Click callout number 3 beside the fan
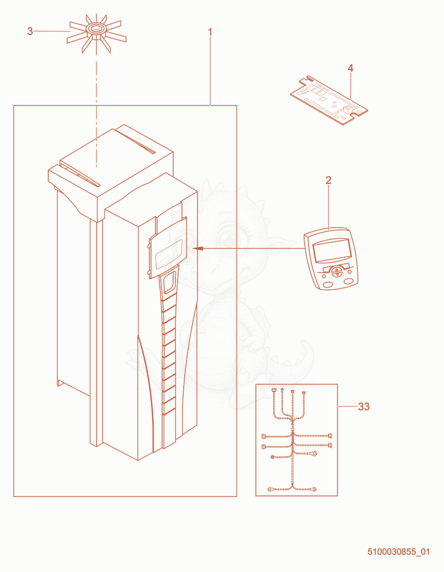(x=30, y=31)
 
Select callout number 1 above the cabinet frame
(x=210, y=32)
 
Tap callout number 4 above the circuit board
(x=350, y=68)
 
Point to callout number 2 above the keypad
(x=329, y=180)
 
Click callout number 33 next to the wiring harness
(x=364, y=407)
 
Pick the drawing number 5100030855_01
(x=398, y=551)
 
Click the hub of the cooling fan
(x=96, y=30)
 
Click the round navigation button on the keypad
(x=337, y=271)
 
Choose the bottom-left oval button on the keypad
(x=327, y=284)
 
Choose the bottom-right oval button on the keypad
(x=349, y=281)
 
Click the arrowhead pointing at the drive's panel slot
(x=198, y=248)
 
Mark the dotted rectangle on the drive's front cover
(x=168, y=254)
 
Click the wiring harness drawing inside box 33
(x=296, y=440)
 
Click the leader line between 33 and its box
(x=347, y=406)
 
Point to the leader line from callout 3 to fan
(x=52, y=31)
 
